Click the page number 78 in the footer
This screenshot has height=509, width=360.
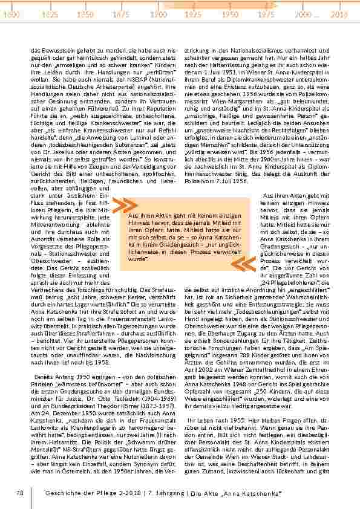click(x=20, y=493)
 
